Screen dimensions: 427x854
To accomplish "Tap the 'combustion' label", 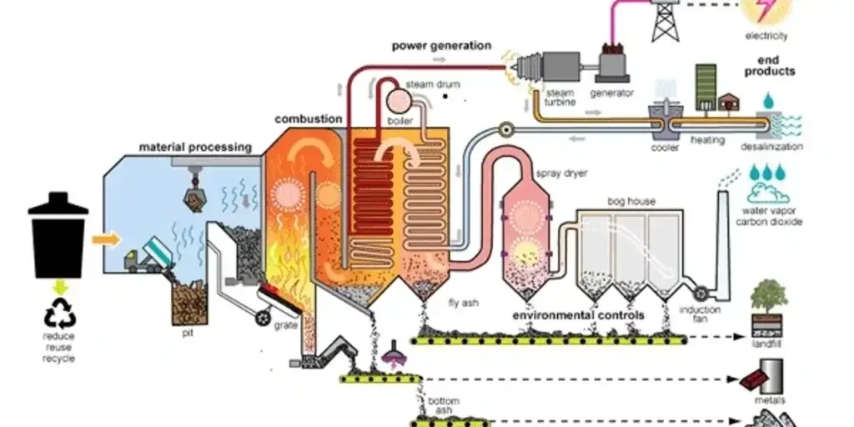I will tap(308, 119).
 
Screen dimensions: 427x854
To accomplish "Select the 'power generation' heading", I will tap(441, 45).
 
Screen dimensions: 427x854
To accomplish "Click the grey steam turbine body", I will tap(550, 66).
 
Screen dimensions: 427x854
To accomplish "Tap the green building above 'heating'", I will tap(706, 86).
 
